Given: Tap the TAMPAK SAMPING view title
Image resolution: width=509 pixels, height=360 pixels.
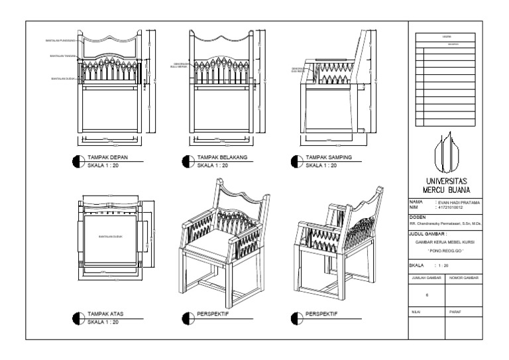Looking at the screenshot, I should pos(328,158).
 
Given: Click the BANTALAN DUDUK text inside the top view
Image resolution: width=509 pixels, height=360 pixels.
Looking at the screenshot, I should pos(111,236).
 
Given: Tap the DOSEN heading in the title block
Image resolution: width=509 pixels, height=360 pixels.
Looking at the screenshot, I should pos(417,217).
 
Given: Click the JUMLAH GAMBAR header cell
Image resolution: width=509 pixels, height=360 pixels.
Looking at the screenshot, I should pos(426,278).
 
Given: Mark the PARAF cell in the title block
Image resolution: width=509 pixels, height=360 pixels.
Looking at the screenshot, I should pos(455,310).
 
